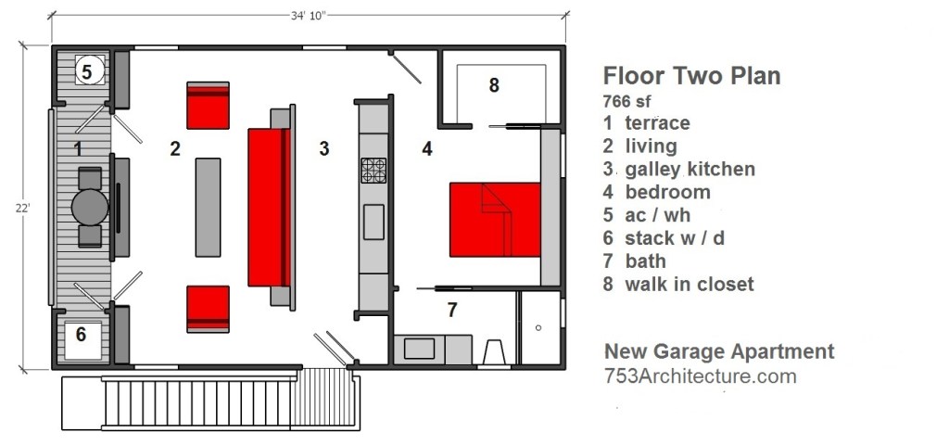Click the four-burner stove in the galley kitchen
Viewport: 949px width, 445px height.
373,171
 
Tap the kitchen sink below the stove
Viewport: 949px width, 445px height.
373,222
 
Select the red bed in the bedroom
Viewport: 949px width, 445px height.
495,219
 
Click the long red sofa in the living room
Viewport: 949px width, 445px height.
270,207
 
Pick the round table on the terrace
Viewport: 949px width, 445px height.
90,207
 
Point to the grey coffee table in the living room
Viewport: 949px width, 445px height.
208,207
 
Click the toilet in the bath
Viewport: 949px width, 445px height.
495,352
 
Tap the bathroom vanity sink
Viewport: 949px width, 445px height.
420,349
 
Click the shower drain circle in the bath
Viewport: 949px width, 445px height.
538,328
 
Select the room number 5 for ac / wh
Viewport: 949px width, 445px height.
86,72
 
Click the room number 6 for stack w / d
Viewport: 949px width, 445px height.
81,334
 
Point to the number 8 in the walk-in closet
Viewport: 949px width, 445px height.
494,85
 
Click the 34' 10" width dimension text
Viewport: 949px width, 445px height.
308,16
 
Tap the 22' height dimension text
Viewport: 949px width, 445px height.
23,208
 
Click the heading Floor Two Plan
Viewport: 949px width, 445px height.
691,76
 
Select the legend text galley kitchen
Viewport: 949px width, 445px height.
690,169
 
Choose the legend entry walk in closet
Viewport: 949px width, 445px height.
690,284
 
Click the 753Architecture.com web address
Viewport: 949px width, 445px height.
701,376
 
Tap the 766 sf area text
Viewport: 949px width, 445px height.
627,101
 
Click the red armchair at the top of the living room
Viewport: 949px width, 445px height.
208,106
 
